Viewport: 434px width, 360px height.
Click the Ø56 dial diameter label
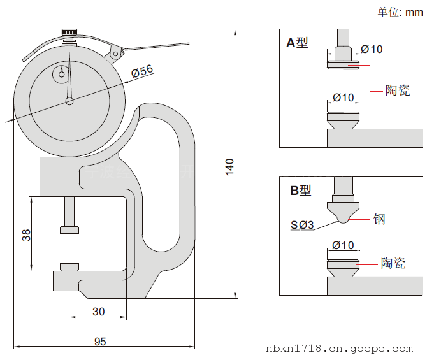pos(142,72)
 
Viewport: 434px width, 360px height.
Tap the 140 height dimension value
pos(230,166)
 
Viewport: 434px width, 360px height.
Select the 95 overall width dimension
pos(100,342)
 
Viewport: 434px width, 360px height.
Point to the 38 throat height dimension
pos(26,234)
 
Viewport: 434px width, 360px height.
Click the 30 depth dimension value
pos(99,312)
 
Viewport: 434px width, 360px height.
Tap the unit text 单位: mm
pos(400,12)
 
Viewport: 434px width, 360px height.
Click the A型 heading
pos(297,43)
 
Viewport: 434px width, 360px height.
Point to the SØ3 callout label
pos(302,224)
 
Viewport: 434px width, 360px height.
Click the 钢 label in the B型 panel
pos(380,219)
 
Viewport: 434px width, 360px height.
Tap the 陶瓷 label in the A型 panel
pos(398,90)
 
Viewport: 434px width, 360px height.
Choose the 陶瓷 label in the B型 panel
pos(393,263)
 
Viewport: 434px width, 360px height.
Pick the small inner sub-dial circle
pos(61,74)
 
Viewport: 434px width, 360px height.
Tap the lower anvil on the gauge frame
pos(70,266)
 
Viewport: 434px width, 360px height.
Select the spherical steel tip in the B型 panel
pos(344,219)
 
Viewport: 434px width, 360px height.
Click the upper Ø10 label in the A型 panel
pos(372,49)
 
